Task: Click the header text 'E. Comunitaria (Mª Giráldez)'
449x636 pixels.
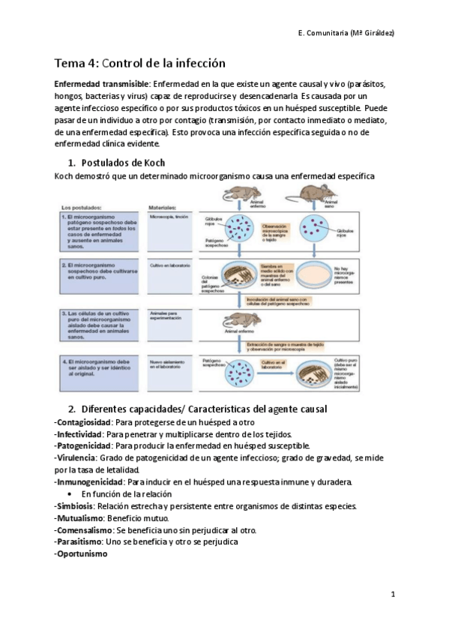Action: click(x=342, y=33)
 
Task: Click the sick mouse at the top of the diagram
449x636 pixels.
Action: click(x=238, y=195)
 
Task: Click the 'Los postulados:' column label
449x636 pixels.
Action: click(x=81, y=206)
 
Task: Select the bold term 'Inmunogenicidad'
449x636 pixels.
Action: click(x=89, y=481)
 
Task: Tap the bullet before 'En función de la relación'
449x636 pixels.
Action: click(x=69, y=494)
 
